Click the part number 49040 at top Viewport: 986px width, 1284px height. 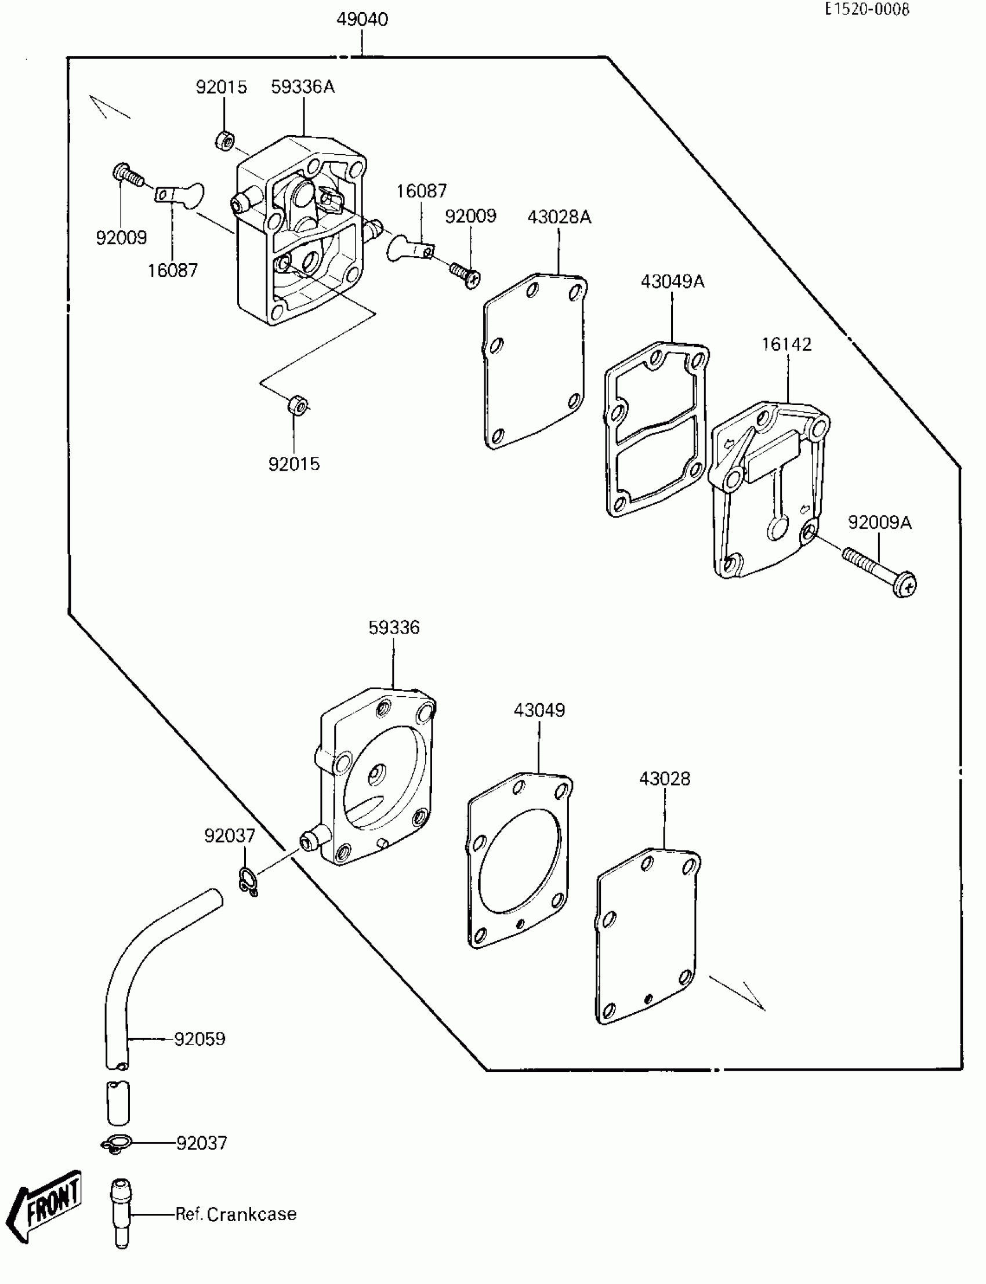[x=361, y=19]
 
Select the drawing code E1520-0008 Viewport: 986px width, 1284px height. [x=867, y=9]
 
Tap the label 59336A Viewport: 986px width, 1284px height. [x=302, y=87]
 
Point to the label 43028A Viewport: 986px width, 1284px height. [x=559, y=217]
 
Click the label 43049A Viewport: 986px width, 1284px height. [x=672, y=282]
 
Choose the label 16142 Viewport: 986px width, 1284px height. [x=786, y=344]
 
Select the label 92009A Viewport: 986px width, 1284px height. [x=879, y=522]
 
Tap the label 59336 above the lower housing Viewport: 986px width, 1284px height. [x=394, y=627]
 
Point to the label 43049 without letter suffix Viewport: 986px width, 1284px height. [x=539, y=710]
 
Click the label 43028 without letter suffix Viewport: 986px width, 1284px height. [x=664, y=779]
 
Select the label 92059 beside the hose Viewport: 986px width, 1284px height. [x=200, y=1039]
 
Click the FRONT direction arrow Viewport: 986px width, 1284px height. [x=47, y=1204]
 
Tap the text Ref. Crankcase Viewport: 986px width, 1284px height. [x=236, y=1214]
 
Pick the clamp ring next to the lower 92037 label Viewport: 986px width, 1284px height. [x=115, y=1144]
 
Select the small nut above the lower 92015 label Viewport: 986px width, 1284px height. [x=297, y=405]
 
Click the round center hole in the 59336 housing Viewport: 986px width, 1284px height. [x=375, y=777]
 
